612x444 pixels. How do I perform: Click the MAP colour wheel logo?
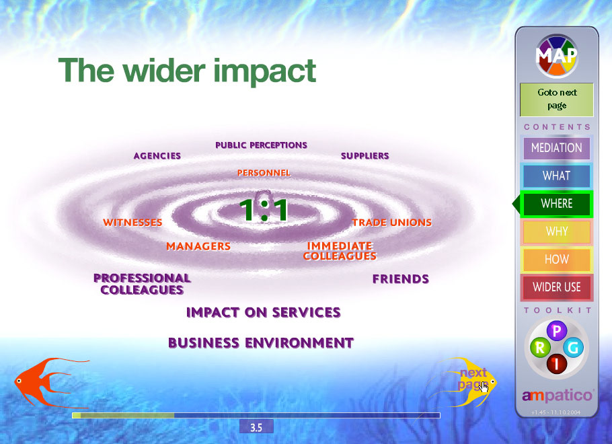(557, 57)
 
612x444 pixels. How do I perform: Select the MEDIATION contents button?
(557, 148)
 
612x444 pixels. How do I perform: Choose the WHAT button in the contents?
(557, 176)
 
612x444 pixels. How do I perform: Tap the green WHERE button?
(557, 203)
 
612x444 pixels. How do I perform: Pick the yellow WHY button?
(557, 231)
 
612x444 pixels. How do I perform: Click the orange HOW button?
(557, 259)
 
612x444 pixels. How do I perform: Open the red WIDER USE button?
(557, 287)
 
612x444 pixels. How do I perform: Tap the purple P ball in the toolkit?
(557, 331)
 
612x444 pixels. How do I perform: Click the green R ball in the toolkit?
(540, 347)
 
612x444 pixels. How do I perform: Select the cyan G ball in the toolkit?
(573, 347)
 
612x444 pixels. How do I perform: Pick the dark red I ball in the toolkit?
(557, 363)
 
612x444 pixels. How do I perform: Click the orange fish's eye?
(19, 381)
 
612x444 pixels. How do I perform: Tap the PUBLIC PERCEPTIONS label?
(261, 145)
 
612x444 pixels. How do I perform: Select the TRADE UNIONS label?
(392, 223)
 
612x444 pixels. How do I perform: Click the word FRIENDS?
(400, 279)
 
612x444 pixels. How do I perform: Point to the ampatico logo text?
(557, 396)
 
